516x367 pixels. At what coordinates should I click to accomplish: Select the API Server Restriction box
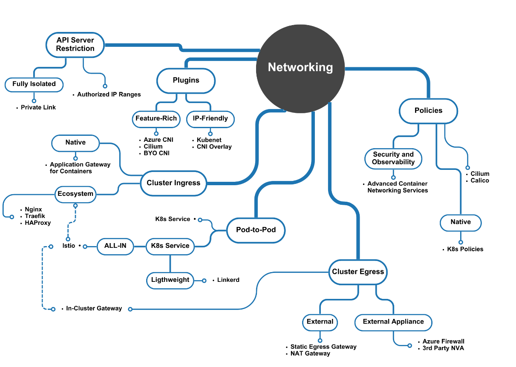tap(75, 44)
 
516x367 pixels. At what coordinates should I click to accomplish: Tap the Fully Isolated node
tap(34, 84)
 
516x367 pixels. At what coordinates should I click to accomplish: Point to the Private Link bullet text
tap(38, 107)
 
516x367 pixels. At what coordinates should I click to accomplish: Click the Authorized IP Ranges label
tap(109, 94)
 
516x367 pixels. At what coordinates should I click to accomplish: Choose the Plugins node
tap(186, 80)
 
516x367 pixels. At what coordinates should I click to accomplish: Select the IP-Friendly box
tap(210, 119)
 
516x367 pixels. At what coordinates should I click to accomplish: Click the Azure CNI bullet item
tap(159, 140)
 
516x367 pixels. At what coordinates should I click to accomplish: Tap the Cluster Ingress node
tap(173, 183)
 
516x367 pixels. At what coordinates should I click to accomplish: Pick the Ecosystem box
tap(75, 194)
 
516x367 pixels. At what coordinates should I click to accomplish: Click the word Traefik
tap(35, 216)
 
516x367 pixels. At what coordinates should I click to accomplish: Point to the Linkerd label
tap(228, 280)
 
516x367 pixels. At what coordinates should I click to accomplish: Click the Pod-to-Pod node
tap(256, 230)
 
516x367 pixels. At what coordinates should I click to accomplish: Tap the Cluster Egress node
tap(358, 272)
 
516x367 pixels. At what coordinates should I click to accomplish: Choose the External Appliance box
tap(393, 322)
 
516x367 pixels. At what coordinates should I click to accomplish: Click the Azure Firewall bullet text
tap(443, 341)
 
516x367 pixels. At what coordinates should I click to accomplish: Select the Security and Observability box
tap(393, 158)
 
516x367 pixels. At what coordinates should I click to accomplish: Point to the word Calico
tap(480, 181)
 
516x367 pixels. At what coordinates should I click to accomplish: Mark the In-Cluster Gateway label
tap(94, 308)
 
